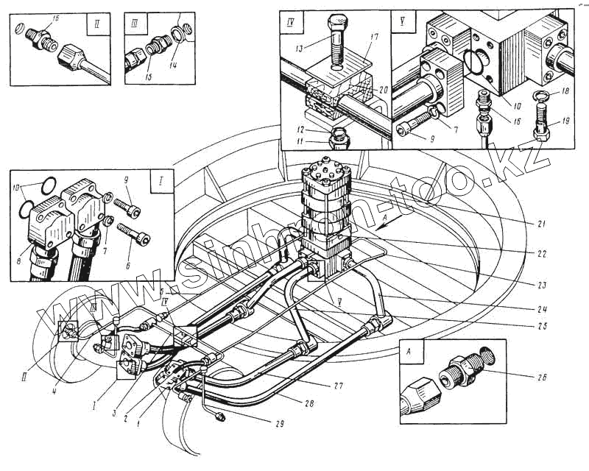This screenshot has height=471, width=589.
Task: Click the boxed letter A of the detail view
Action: (409, 351)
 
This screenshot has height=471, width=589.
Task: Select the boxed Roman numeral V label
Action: (403, 21)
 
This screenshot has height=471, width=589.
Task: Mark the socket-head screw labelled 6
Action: (140, 238)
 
